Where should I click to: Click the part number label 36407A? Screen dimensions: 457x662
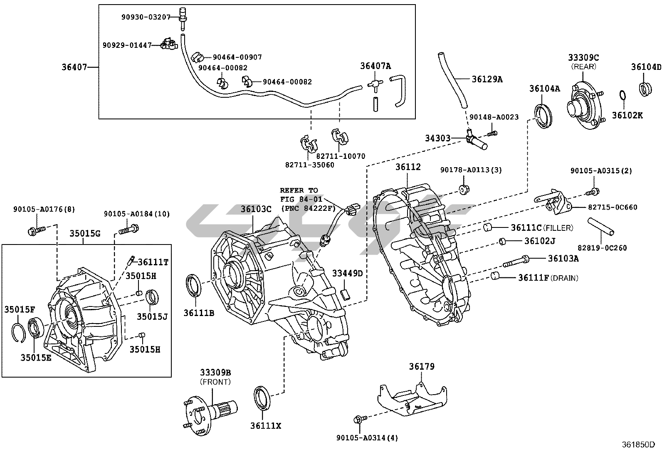point(375,66)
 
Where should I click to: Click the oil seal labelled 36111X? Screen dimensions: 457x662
point(262,398)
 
